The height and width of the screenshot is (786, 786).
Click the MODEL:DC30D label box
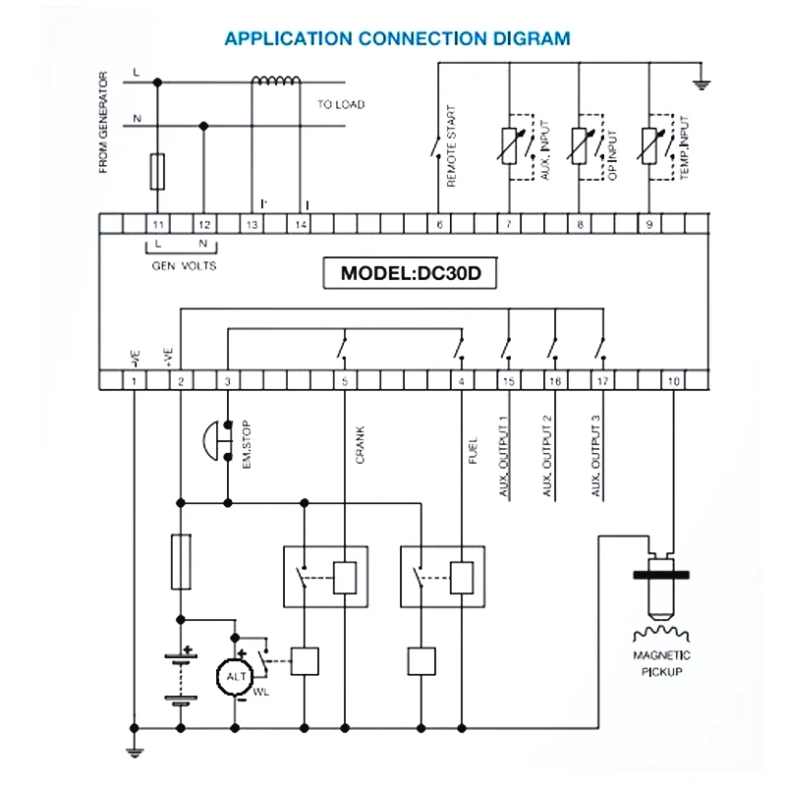click(411, 272)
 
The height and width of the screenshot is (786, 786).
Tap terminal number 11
click(157, 225)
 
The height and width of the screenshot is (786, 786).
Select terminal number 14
click(301, 225)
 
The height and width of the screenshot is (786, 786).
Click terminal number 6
click(438, 225)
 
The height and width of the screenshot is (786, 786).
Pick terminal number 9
click(649, 225)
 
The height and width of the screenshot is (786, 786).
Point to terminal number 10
click(673, 380)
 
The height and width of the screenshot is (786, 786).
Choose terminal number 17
click(601, 380)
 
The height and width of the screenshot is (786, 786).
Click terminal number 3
click(228, 380)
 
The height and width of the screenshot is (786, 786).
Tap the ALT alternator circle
click(236, 677)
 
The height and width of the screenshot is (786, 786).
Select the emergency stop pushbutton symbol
click(216, 441)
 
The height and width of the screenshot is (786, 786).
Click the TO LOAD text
click(340, 103)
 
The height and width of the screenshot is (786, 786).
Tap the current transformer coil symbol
click(277, 82)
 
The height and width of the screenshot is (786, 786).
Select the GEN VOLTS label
click(184, 265)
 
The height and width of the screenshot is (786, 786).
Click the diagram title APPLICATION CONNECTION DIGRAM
click(397, 39)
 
